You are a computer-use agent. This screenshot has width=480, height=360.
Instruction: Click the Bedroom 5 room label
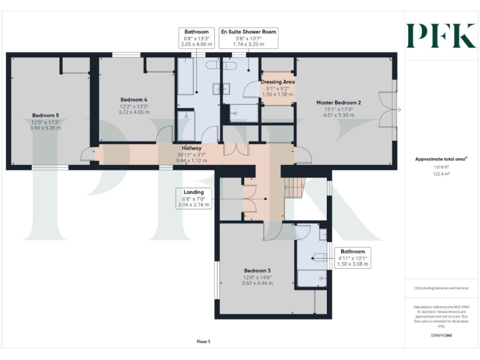pyautogui.click(x=45, y=115)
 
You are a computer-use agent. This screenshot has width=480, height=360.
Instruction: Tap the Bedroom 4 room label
pyautogui.click(x=133, y=99)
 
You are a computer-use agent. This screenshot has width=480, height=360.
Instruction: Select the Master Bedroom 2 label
pyautogui.click(x=338, y=102)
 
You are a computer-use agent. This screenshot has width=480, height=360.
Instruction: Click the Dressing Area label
pyautogui.click(x=277, y=82)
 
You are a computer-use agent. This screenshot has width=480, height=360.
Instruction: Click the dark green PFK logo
pyautogui.click(x=441, y=36)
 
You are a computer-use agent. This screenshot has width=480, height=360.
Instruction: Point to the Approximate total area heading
pyautogui.click(x=441, y=159)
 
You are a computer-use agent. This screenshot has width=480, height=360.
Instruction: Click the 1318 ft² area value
pyautogui.click(x=441, y=167)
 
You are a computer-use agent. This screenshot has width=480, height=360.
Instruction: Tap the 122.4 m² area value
pyautogui.click(x=441, y=174)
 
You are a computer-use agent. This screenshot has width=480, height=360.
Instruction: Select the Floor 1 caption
pyautogui.click(x=203, y=341)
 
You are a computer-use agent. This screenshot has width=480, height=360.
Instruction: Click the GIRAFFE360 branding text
pyautogui.click(x=441, y=336)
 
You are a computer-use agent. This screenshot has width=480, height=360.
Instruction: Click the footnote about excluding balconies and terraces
pyautogui.click(x=441, y=288)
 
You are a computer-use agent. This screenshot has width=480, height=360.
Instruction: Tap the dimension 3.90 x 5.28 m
pyautogui.click(x=45, y=127)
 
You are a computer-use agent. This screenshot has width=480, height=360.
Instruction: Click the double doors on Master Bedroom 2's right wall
pyautogui.click(x=392, y=110)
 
